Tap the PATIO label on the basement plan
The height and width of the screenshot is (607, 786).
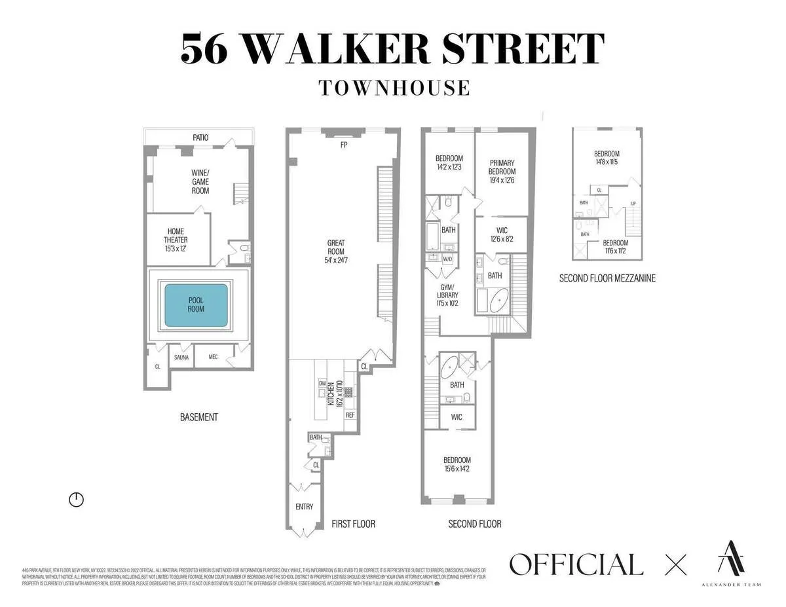pyautogui.click(x=200, y=138)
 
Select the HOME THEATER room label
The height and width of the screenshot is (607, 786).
pyautogui.click(x=176, y=236)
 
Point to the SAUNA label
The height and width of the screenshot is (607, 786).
pyautogui.click(x=181, y=358)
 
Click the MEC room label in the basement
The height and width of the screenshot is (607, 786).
pyautogui.click(x=213, y=358)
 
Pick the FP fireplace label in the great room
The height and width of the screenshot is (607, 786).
pyautogui.click(x=343, y=145)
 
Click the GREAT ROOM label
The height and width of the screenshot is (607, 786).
pyautogui.click(x=336, y=248)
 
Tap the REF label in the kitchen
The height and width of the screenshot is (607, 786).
pyautogui.click(x=350, y=415)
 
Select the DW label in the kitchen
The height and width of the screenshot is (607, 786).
pyautogui.click(x=322, y=383)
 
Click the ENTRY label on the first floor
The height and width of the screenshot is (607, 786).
pyautogui.click(x=304, y=506)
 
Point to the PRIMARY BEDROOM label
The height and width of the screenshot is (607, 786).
pyautogui.click(x=501, y=167)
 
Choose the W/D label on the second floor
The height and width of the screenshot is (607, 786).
pyautogui.click(x=448, y=259)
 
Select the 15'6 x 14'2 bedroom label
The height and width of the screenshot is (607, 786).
pyautogui.click(x=457, y=464)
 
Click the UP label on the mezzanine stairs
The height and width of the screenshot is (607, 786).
pyautogui.click(x=633, y=204)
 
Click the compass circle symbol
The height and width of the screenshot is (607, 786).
pyautogui.click(x=77, y=500)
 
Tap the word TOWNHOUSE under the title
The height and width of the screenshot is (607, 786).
pyautogui.click(x=394, y=88)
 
